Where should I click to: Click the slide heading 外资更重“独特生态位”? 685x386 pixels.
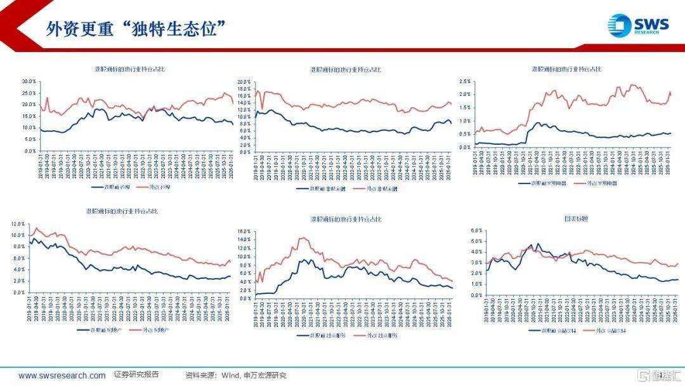point(137,29)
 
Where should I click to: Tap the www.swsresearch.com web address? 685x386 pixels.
point(62,375)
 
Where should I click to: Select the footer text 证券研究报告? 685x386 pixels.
point(136,375)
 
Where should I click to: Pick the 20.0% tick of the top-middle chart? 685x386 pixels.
point(245,82)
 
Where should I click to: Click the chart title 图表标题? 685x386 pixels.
point(576,218)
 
